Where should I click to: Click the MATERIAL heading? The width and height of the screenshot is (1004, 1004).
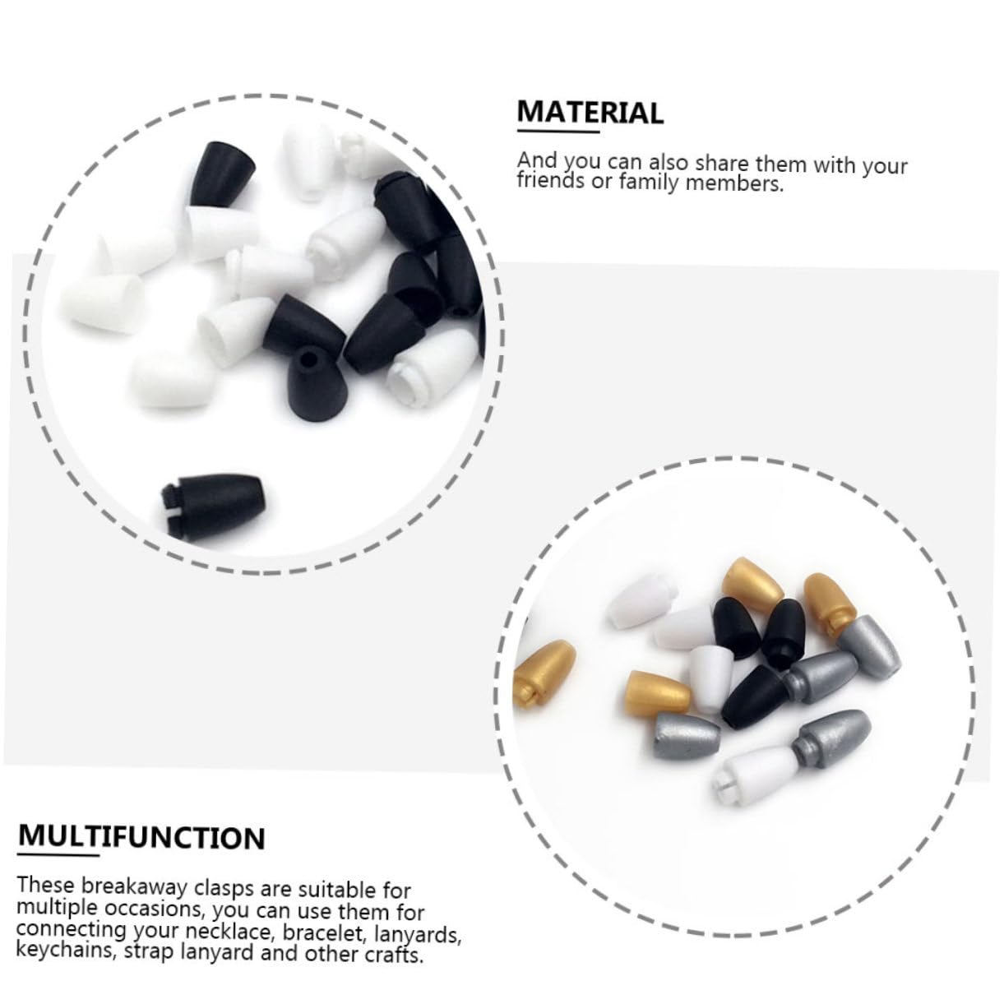coord(590,112)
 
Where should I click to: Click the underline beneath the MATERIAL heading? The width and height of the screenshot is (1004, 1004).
coord(558,132)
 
